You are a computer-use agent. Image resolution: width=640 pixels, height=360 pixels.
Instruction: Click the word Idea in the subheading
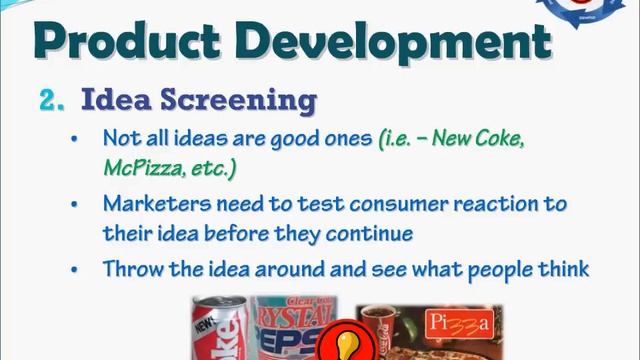115,100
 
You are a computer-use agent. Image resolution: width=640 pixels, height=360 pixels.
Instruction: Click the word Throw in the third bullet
130,269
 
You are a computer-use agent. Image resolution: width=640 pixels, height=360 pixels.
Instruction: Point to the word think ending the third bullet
563,269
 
